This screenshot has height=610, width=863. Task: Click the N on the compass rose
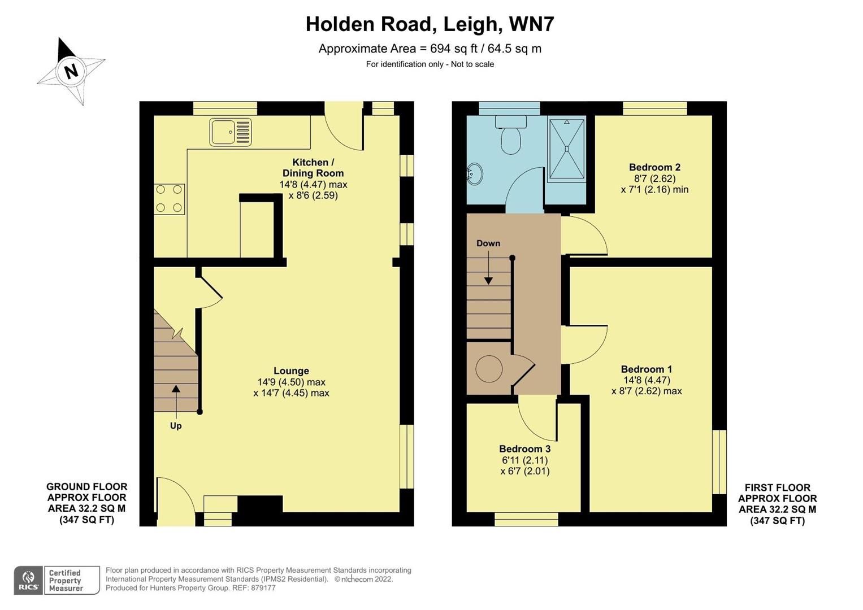(x=71, y=72)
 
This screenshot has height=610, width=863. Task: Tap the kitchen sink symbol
(x=230, y=132)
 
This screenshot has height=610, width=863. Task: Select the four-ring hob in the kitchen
(x=170, y=199)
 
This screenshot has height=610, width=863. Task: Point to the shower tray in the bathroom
(x=567, y=149)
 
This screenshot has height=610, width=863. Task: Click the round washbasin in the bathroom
(x=474, y=174)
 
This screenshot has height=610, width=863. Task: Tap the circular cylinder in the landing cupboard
(x=489, y=369)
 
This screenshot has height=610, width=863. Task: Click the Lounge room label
(x=291, y=371)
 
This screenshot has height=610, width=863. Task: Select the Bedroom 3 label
(x=524, y=449)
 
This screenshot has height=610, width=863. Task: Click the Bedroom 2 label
(x=654, y=167)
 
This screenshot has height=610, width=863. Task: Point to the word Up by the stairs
(x=176, y=426)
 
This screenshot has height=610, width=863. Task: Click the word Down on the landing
(x=488, y=243)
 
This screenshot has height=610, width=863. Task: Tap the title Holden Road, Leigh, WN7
(x=430, y=24)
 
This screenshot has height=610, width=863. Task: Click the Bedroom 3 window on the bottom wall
(x=526, y=519)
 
